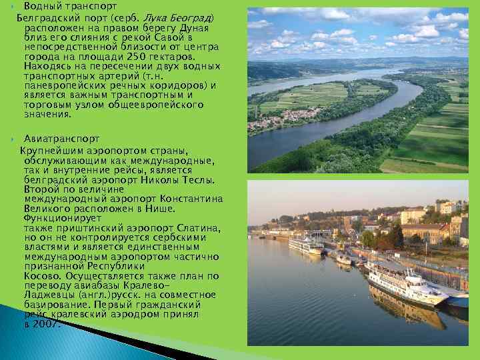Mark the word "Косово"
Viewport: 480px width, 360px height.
pyautogui.click(x=42, y=275)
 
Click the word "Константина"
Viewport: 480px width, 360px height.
pyautogui.click(x=190, y=199)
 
